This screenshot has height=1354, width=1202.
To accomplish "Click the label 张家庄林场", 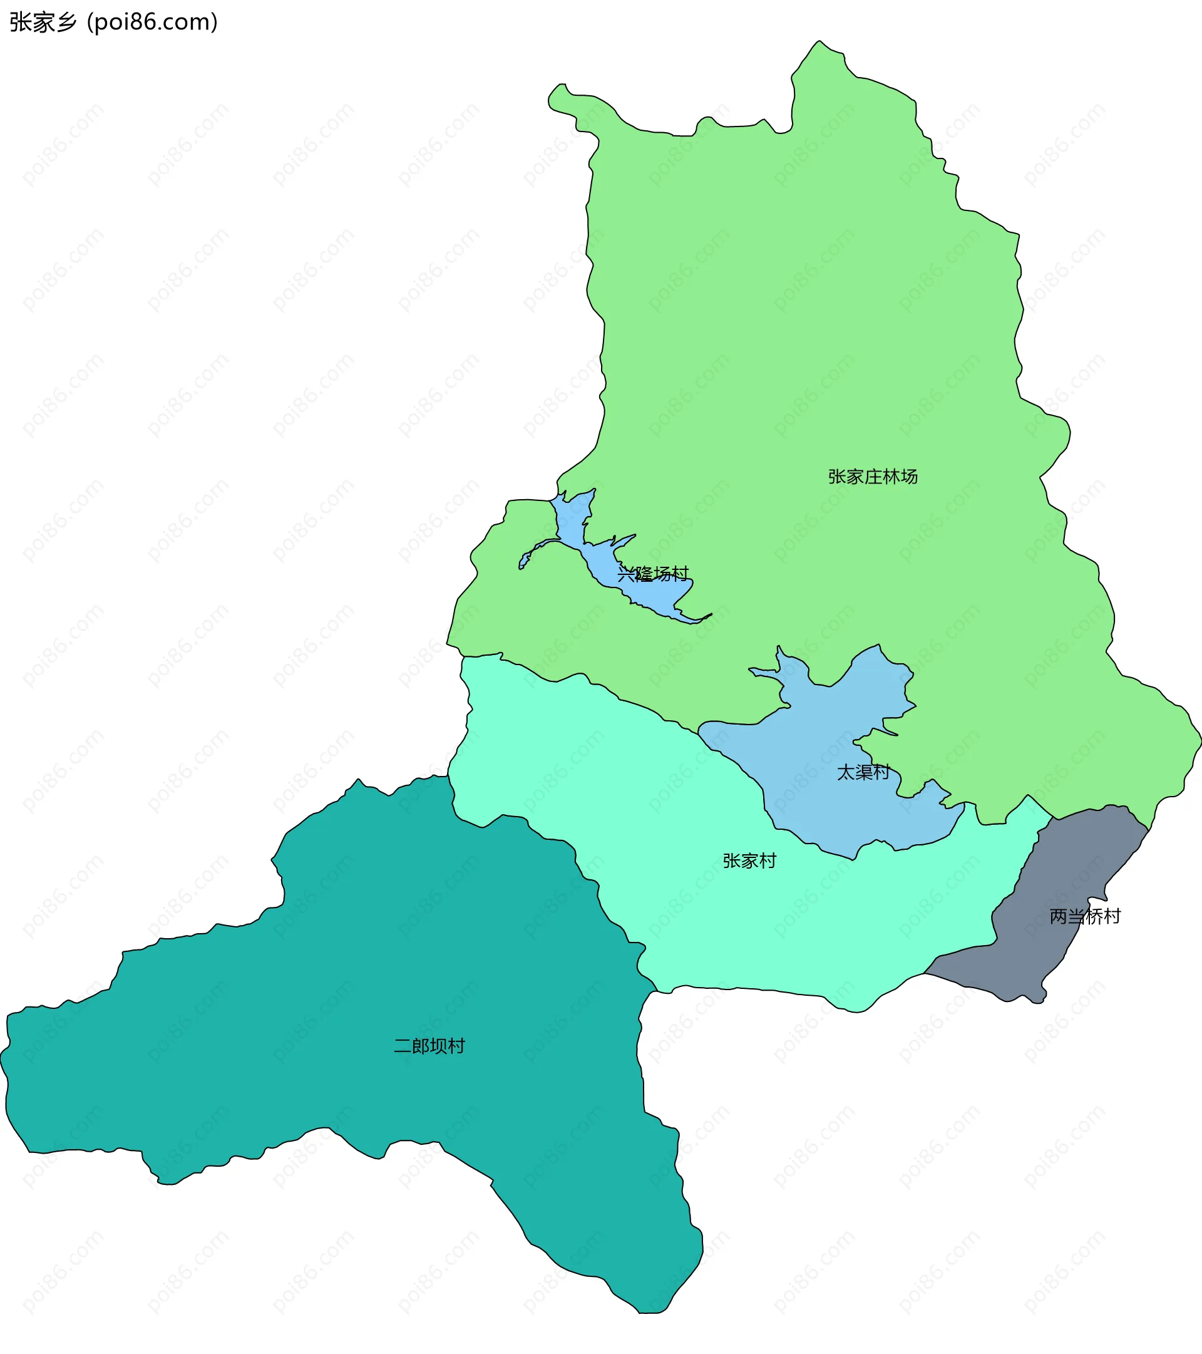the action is pos(873,477).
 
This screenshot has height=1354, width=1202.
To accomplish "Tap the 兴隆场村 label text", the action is pos(653,574).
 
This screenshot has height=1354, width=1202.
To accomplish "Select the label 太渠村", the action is pos(863,772).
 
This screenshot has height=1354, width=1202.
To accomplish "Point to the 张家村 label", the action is pos(749,861).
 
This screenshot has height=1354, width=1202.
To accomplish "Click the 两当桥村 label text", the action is pos(1085,917).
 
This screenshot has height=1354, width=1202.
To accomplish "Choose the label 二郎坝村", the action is pos(429,1046).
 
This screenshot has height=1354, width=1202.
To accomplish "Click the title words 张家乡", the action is pos(44,23).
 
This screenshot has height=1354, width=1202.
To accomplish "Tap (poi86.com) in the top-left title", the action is pos(152,23).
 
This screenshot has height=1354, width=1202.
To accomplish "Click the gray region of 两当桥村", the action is pos(1060,954).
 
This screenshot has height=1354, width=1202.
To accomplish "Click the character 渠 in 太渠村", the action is pos(863,772).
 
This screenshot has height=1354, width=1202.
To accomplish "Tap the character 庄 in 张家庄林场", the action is pos(873,477).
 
